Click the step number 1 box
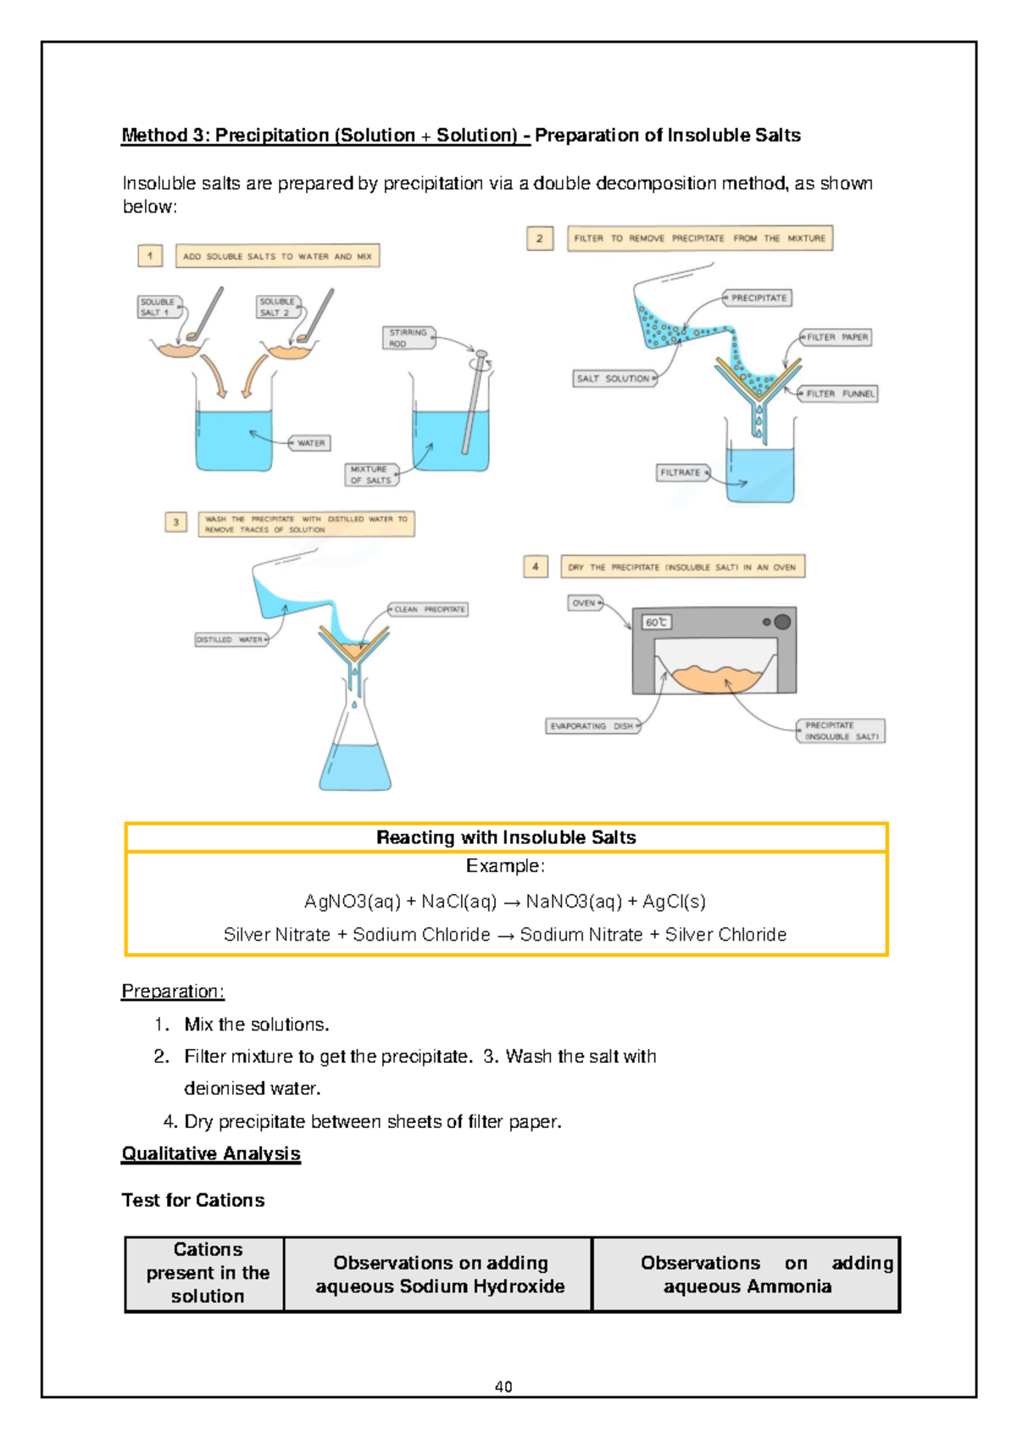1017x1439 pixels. pyautogui.click(x=150, y=255)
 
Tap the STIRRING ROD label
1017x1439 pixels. pyautogui.click(x=408, y=338)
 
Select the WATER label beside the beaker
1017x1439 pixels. pyautogui.click(x=310, y=443)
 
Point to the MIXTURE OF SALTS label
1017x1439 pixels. pyautogui.click(x=370, y=475)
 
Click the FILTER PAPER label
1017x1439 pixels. pyautogui.click(x=836, y=337)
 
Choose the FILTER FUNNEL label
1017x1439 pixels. pyautogui.click(x=839, y=394)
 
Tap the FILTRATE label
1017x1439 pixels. pyautogui.click(x=681, y=473)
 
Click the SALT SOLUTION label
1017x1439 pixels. pyautogui.click(x=613, y=379)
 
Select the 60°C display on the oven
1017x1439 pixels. pyautogui.click(x=657, y=622)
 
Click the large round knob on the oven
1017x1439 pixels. pyautogui.click(x=782, y=621)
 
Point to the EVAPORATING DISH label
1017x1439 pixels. pyautogui.click(x=591, y=726)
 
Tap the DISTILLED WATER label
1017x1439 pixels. pyautogui.click(x=231, y=640)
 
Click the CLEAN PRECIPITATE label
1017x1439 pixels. pyautogui.click(x=429, y=609)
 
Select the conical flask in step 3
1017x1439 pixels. pyautogui.click(x=355, y=746)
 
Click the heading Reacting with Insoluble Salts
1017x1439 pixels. pyautogui.click(x=506, y=837)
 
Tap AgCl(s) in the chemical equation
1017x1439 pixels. pyautogui.click(x=673, y=901)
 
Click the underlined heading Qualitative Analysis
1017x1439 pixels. pyautogui.click(x=211, y=1153)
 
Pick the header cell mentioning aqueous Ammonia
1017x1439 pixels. pyautogui.click(x=746, y=1275)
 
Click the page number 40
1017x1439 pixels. pyautogui.click(x=503, y=1386)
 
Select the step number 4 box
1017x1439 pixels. pyautogui.click(x=536, y=566)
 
